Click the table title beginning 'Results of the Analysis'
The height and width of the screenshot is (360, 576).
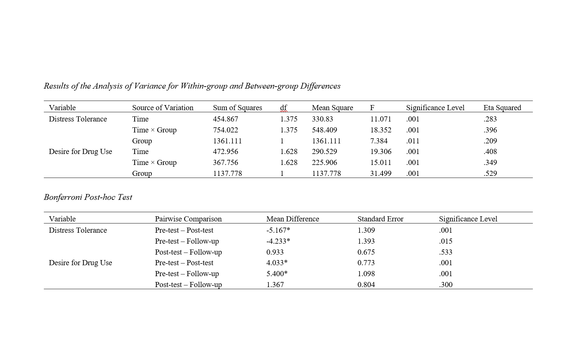click(x=192, y=86)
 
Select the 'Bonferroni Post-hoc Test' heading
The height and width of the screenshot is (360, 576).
click(x=88, y=197)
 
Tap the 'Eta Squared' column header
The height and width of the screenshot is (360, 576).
click(x=502, y=108)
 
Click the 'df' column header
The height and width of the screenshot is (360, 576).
click(x=283, y=108)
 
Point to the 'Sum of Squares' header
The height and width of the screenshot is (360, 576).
click(x=237, y=108)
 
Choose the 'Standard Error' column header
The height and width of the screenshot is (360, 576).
click(x=380, y=219)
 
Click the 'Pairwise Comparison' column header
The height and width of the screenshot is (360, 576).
click(x=188, y=219)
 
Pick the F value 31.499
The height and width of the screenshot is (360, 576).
click(x=380, y=173)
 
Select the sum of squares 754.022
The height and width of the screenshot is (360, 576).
click(x=225, y=130)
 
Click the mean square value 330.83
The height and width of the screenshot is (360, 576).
click(x=322, y=119)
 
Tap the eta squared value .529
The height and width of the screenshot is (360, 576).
click(x=490, y=173)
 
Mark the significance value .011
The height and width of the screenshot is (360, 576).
click(x=412, y=141)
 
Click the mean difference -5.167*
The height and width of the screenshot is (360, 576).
click(x=278, y=230)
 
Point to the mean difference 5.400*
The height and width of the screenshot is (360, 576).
click(x=277, y=274)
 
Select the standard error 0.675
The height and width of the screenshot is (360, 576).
click(x=366, y=252)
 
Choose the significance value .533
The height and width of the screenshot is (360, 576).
click(x=446, y=252)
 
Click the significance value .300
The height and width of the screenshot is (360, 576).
click(x=446, y=285)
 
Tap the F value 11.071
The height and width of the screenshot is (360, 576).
click(x=380, y=119)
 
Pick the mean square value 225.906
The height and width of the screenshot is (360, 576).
click(x=324, y=163)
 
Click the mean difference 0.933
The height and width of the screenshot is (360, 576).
click(x=275, y=252)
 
